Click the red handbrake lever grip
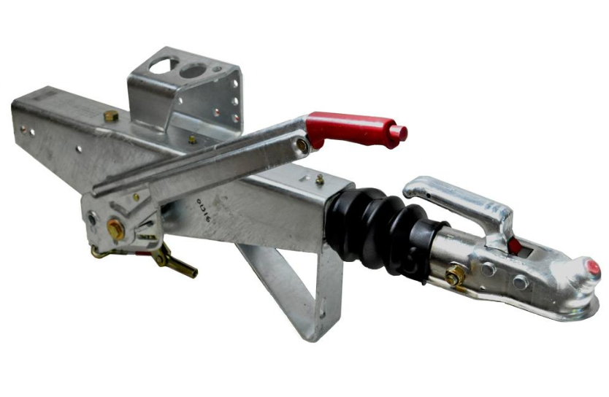coord(351,127)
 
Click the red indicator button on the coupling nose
coord(594,269)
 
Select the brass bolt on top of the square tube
coord(110,115)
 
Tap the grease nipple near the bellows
coord(319,179)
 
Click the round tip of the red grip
coord(399,133)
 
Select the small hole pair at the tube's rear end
coord(26,131)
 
